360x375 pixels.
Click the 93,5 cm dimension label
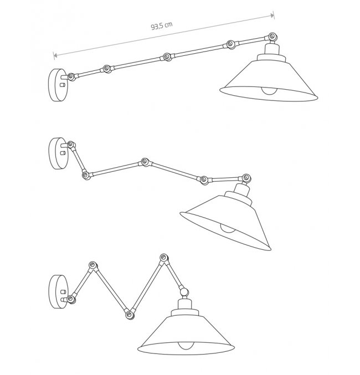coord(162,25)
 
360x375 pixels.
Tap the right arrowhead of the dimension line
coord(272,16)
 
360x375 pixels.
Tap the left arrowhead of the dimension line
coord(55,56)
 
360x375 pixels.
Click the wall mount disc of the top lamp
coord(58,85)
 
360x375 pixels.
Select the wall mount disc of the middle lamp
coord(58,153)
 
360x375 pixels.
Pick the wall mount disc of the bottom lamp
coord(58,292)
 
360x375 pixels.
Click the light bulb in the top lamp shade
coord(269,91)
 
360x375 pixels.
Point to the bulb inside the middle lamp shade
coord(227,229)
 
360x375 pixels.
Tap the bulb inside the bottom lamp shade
coord(186,346)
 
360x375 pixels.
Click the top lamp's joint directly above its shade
coord(272,37)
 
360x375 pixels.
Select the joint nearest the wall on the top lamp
coord(71,77)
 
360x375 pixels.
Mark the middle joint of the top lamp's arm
coord(167,57)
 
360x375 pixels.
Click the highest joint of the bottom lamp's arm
coord(164,258)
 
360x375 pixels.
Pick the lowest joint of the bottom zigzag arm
coord(130,315)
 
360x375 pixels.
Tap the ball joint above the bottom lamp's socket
coord(184,292)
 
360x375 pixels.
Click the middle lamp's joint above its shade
coord(246,178)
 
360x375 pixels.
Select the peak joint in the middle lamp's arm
coord(145,162)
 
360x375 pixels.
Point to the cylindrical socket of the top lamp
coord(272,49)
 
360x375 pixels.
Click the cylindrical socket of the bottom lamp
coord(185,305)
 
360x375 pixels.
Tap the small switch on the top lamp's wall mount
coord(63,85)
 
